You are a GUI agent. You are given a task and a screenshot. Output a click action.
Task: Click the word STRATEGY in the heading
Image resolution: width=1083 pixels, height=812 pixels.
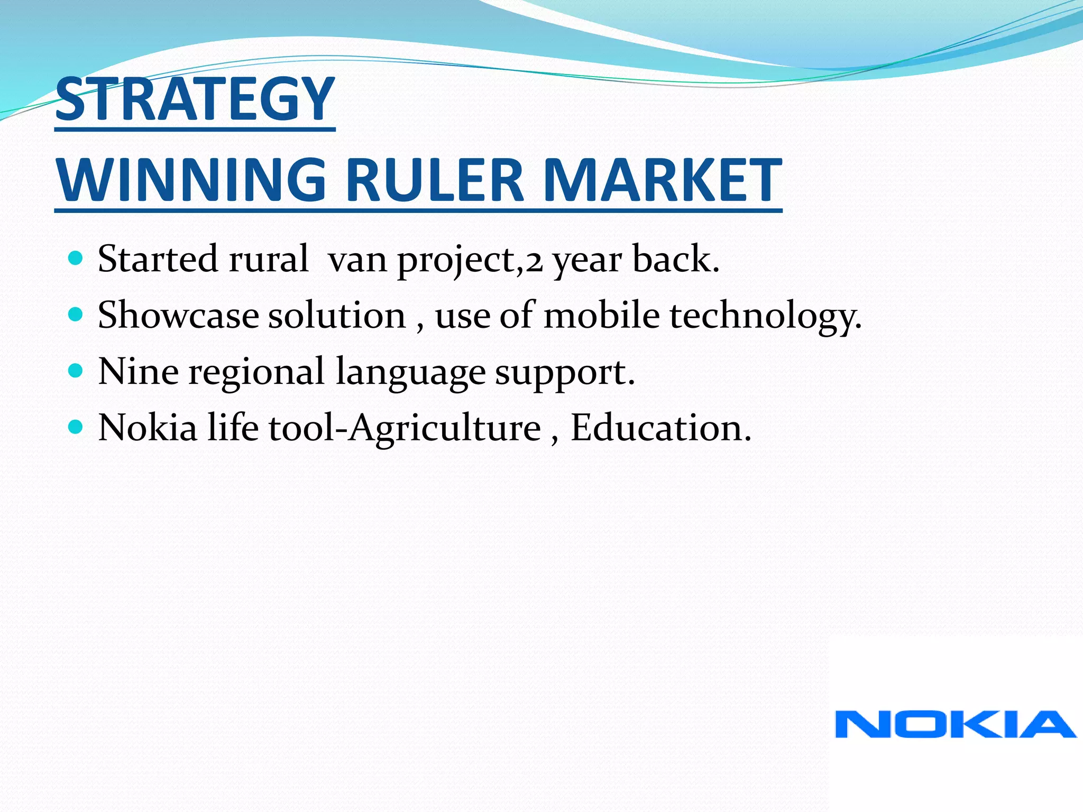pos(195,99)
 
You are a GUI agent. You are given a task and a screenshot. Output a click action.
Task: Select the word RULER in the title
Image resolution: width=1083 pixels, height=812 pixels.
pos(435,180)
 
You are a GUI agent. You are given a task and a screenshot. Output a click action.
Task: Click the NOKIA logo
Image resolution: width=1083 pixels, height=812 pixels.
pos(955,724)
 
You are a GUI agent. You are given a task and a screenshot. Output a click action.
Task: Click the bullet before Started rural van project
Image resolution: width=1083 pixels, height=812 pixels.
pos(76,259)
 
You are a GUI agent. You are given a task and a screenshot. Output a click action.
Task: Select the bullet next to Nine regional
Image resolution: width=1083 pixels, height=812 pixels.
pos(76,371)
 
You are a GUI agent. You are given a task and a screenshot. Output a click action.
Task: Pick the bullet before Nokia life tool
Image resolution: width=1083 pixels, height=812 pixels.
pos(76,427)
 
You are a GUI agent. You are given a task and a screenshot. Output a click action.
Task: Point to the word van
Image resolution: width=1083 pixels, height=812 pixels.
pos(357,261)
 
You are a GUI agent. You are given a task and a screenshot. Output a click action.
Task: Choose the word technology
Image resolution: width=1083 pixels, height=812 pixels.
pos(765,316)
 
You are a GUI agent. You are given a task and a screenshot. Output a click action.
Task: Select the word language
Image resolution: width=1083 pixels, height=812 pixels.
pos(410,373)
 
